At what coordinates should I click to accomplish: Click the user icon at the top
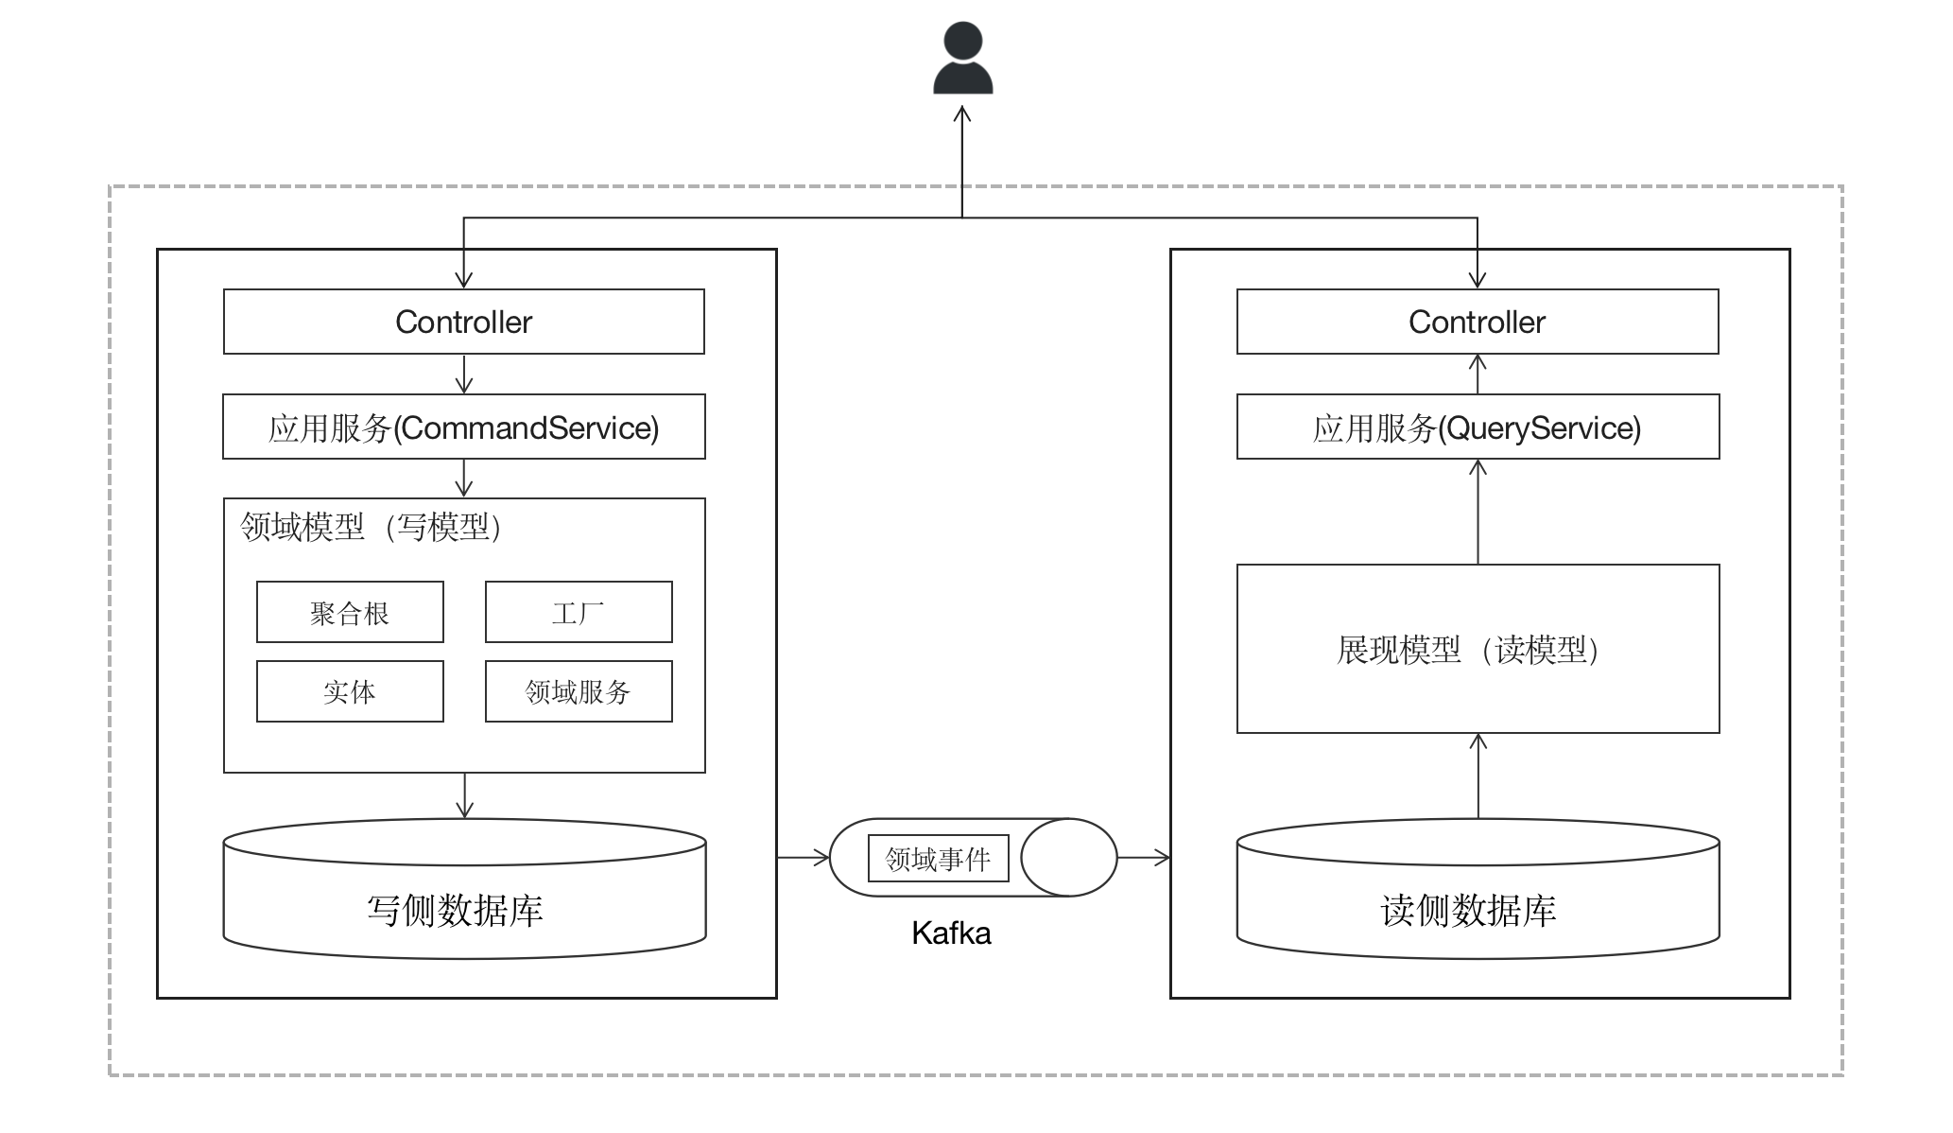(x=962, y=60)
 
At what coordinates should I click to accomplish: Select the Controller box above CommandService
(x=463, y=322)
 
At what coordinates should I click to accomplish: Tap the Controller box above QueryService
(x=1477, y=322)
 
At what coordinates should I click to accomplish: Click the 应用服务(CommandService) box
(x=463, y=427)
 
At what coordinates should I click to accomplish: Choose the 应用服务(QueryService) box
(x=1477, y=427)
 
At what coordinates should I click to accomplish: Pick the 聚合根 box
(x=350, y=613)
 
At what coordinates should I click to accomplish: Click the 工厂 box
(x=579, y=613)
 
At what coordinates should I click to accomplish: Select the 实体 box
(x=350, y=692)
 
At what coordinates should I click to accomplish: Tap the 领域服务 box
(x=579, y=692)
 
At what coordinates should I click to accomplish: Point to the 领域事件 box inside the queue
(x=938, y=858)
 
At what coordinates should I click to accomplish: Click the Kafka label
(x=951, y=933)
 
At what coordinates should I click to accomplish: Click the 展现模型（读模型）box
(x=1477, y=649)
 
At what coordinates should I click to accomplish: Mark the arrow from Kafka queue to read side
(x=1144, y=858)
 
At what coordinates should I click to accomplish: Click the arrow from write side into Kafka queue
(x=803, y=858)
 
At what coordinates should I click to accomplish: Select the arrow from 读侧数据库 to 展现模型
(x=1478, y=776)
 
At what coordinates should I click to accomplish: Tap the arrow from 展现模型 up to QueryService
(x=1478, y=512)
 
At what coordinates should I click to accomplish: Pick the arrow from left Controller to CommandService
(x=463, y=374)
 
